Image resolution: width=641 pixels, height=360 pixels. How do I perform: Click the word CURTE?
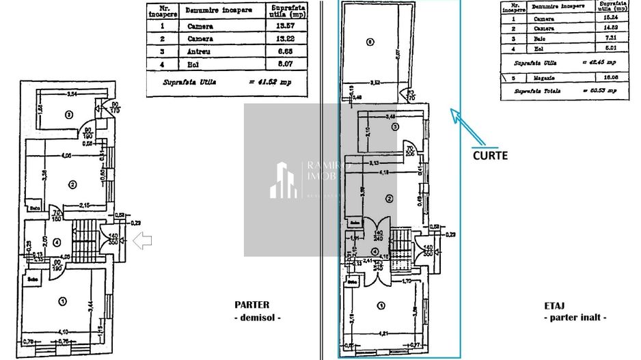point(490,155)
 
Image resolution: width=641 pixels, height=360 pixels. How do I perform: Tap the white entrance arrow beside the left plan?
point(142,240)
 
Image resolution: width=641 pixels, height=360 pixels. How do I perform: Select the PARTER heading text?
point(251,305)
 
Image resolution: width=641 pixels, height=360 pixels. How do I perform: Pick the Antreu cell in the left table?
point(198,51)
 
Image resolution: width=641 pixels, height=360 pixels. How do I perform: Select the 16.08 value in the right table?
point(610,79)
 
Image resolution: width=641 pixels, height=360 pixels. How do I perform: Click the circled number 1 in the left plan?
point(63,301)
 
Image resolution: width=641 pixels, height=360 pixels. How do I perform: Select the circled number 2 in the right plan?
point(389,199)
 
